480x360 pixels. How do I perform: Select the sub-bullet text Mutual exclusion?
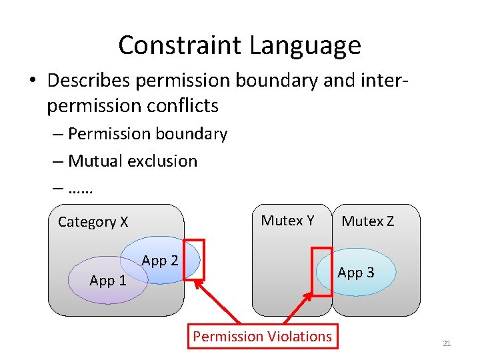[x=133, y=161]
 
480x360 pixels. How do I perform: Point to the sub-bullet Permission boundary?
[x=147, y=134]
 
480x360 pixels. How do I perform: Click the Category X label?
[x=93, y=222]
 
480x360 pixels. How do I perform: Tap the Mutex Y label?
[x=287, y=221]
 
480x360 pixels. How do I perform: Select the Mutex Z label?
[x=367, y=221]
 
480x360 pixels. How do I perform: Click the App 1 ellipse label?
[x=107, y=281]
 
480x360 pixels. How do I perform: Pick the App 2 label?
[x=160, y=261]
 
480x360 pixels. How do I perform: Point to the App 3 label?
[x=355, y=272]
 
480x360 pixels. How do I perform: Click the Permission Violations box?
[x=262, y=337]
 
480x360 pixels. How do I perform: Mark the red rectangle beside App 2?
[x=194, y=259]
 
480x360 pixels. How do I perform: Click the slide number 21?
[x=447, y=343]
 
